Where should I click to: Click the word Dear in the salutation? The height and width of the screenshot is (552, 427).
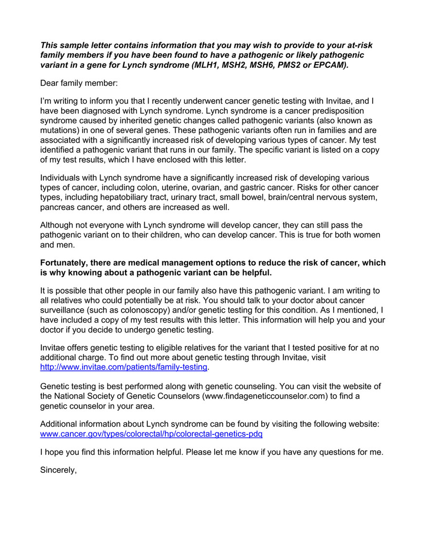50,83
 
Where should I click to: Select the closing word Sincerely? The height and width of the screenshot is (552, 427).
58,470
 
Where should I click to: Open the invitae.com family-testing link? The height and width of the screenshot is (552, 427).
123,367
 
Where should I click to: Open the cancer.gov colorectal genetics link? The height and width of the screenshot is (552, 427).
151,433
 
